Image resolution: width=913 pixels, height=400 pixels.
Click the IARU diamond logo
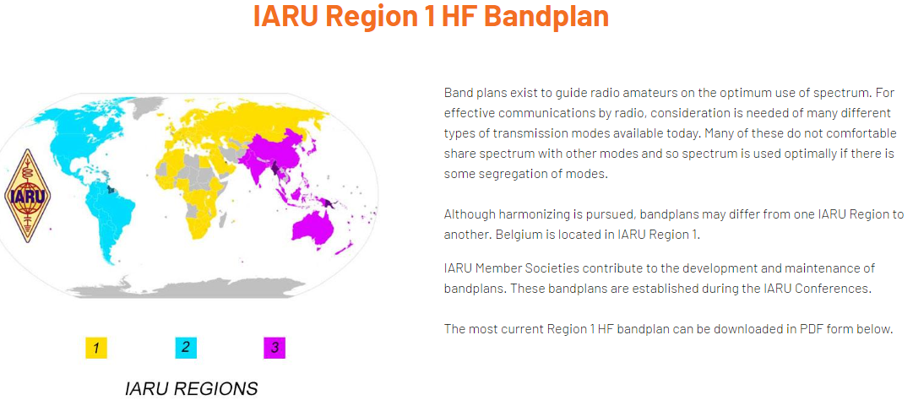click(x=27, y=195)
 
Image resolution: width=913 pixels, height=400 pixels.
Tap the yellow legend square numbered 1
click(x=96, y=349)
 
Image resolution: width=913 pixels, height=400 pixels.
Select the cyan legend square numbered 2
click(x=186, y=348)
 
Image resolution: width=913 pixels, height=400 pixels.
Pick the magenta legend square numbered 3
click(x=274, y=349)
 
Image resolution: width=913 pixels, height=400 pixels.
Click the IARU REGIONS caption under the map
click(x=192, y=388)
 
